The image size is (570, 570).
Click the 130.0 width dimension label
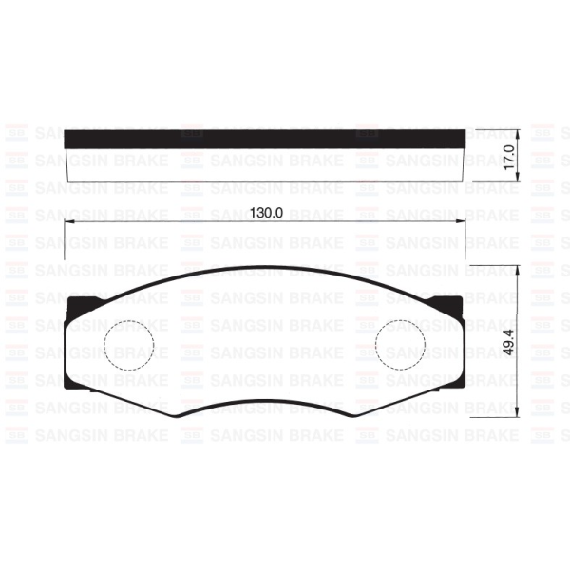click(x=267, y=214)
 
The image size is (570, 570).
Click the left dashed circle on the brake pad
click(x=127, y=343)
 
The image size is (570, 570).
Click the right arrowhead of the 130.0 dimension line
click(x=463, y=222)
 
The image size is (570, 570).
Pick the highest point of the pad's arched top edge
click(x=265, y=266)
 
